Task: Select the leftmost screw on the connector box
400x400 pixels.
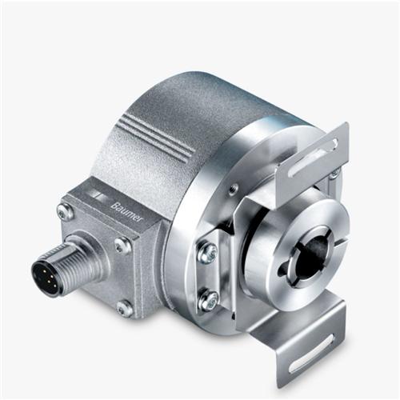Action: (63, 212)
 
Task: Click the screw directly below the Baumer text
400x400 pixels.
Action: (121, 243)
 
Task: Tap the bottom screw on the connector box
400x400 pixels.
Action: (124, 306)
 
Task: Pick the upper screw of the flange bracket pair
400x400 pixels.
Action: (206, 252)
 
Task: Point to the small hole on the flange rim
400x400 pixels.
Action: (232, 190)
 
